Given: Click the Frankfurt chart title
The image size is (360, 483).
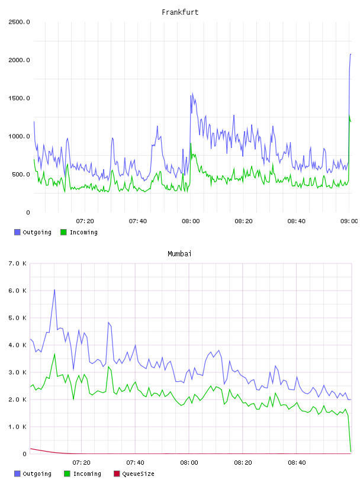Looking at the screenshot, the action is pyautogui.click(x=180, y=12).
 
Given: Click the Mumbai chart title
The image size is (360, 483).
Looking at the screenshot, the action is pyautogui.click(x=179, y=253).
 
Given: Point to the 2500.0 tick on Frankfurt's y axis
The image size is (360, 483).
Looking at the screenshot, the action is pyautogui.click(x=19, y=22).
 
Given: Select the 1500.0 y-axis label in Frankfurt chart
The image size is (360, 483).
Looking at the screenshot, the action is pyautogui.click(x=19, y=98).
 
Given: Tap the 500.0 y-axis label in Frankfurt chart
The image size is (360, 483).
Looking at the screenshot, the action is pyautogui.click(x=21, y=175).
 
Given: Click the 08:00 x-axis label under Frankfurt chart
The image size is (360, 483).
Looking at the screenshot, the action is pyautogui.click(x=191, y=221).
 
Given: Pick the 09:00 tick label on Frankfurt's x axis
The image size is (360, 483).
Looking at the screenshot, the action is pyautogui.click(x=349, y=221).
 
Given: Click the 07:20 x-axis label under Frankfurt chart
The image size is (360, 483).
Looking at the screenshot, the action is pyautogui.click(x=85, y=221).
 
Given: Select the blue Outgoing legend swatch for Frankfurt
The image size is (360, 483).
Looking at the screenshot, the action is pyautogui.click(x=17, y=232).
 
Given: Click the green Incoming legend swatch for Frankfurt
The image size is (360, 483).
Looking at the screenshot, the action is pyautogui.click(x=63, y=232).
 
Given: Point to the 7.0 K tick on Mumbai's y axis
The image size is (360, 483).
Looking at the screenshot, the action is pyautogui.click(x=17, y=263).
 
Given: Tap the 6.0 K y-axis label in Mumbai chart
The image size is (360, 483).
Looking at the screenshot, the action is pyautogui.click(x=17, y=291).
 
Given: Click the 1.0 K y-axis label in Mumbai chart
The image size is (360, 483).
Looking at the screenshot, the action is pyautogui.click(x=17, y=427).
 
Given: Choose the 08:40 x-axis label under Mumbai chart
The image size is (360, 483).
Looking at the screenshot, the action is pyautogui.click(x=297, y=462).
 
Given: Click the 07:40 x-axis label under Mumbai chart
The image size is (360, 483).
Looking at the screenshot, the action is pyautogui.click(x=135, y=462).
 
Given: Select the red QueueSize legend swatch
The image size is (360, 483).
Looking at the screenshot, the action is pyautogui.click(x=117, y=474).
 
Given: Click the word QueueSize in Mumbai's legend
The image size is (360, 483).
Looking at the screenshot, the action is pyautogui.click(x=138, y=474).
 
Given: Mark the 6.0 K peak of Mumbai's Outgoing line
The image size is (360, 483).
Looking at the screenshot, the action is pyautogui.click(x=54, y=290).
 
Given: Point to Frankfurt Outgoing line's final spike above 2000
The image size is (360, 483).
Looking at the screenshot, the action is pyautogui.click(x=350, y=54).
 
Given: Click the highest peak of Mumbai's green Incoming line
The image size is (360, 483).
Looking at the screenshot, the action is pyautogui.click(x=54, y=354).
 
